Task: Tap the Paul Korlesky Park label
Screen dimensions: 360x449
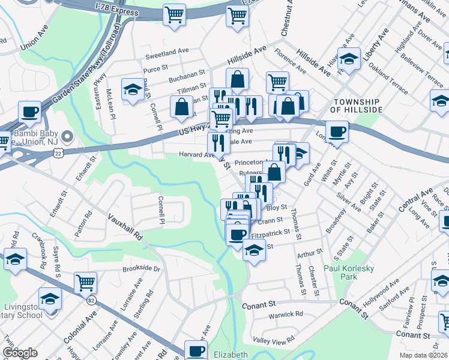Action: [x=348, y=272]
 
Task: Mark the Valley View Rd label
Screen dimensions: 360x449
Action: [x=274, y=340]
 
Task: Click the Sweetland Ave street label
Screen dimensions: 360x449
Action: [x=167, y=58]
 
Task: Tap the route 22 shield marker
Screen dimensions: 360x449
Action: [x=58, y=154]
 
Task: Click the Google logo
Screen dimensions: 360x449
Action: [x=20, y=352]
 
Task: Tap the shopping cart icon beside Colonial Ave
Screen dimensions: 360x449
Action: [x=86, y=281]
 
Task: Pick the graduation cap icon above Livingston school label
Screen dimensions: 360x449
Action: [x=50, y=297]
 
